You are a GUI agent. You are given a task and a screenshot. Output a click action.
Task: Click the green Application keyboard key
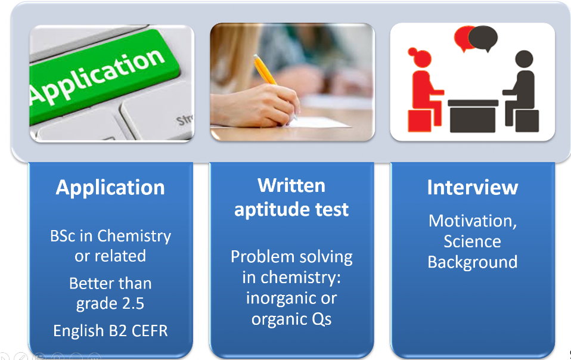tap(102, 78)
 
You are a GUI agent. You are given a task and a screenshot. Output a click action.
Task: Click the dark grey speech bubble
tap(483, 38)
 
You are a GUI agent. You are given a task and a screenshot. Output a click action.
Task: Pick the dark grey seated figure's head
tap(524, 60)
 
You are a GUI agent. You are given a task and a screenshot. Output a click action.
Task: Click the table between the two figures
tap(473, 116)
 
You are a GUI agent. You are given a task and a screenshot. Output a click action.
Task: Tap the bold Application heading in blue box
tap(110, 188)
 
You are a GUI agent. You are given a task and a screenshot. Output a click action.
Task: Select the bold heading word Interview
tap(472, 188)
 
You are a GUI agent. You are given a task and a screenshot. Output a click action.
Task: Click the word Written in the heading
tap(291, 185)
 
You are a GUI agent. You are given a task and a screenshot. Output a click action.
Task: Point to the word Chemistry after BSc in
tap(134, 237)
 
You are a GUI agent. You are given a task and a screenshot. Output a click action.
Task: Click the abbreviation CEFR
tap(150, 331)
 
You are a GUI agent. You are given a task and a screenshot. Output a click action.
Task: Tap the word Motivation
tap(472, 221)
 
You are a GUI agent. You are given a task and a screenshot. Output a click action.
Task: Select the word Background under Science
tap(472, 262)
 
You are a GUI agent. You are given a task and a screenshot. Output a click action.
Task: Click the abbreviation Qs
tap(321, 319)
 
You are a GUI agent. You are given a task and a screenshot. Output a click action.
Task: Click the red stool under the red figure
tap(420, 120)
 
